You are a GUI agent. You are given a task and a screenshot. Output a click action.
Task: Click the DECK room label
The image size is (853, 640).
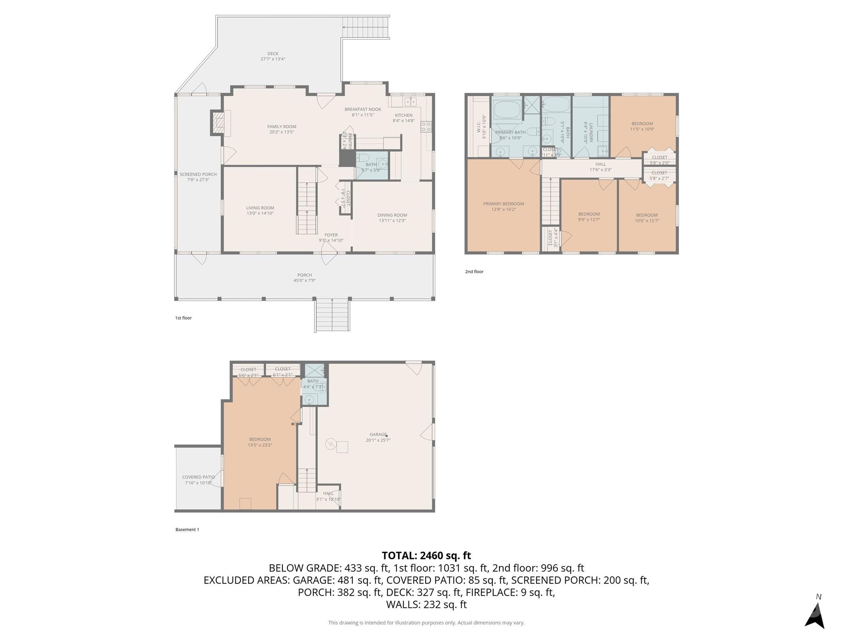pos(273,54)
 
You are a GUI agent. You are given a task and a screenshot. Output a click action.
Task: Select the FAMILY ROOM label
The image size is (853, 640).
pos(282,127)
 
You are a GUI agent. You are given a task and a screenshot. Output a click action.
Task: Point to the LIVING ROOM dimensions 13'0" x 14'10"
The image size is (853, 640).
pos(260,213)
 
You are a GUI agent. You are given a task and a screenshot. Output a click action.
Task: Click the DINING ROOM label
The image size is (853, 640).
pos(392,215)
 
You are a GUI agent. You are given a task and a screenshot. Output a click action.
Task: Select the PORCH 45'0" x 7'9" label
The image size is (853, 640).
pos(304,277)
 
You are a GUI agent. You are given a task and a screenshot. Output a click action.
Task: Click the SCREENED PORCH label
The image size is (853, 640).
pos(198,175)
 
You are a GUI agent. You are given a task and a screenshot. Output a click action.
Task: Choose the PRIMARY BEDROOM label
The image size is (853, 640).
pos(504,204)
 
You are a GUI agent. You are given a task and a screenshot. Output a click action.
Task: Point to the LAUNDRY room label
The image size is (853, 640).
pos(591,132)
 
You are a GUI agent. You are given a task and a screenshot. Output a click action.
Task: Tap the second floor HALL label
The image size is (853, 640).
pos(601,164)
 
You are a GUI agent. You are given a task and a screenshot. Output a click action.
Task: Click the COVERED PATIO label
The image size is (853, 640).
pos(198,477)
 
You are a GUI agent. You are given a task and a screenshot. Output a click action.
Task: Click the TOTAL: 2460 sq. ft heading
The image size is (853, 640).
pos(426,555)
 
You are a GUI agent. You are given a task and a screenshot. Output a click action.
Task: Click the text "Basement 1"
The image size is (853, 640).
pos(187,530)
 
